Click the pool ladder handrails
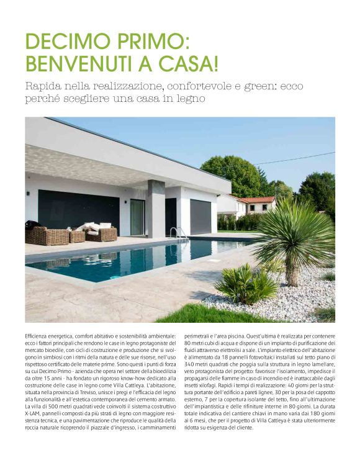(x=178, y=233)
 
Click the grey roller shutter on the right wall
(x=199, y=217)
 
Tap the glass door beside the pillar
(x=137, y=217)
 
